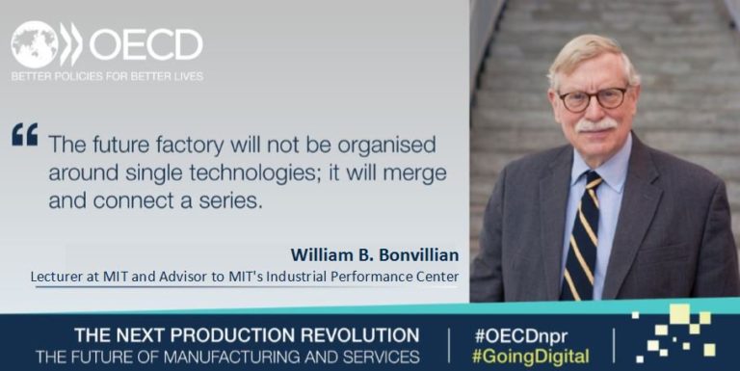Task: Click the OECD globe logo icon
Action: (x=35, y=43)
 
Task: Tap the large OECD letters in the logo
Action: (x=145, y=44)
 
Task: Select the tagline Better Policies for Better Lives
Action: (x=107, y=76)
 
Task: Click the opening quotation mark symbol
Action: (x=24, y=135)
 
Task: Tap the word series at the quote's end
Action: (x=232, y=203)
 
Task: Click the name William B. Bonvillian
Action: (x=375, y=255)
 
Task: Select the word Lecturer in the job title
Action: (x=59, y=277)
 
